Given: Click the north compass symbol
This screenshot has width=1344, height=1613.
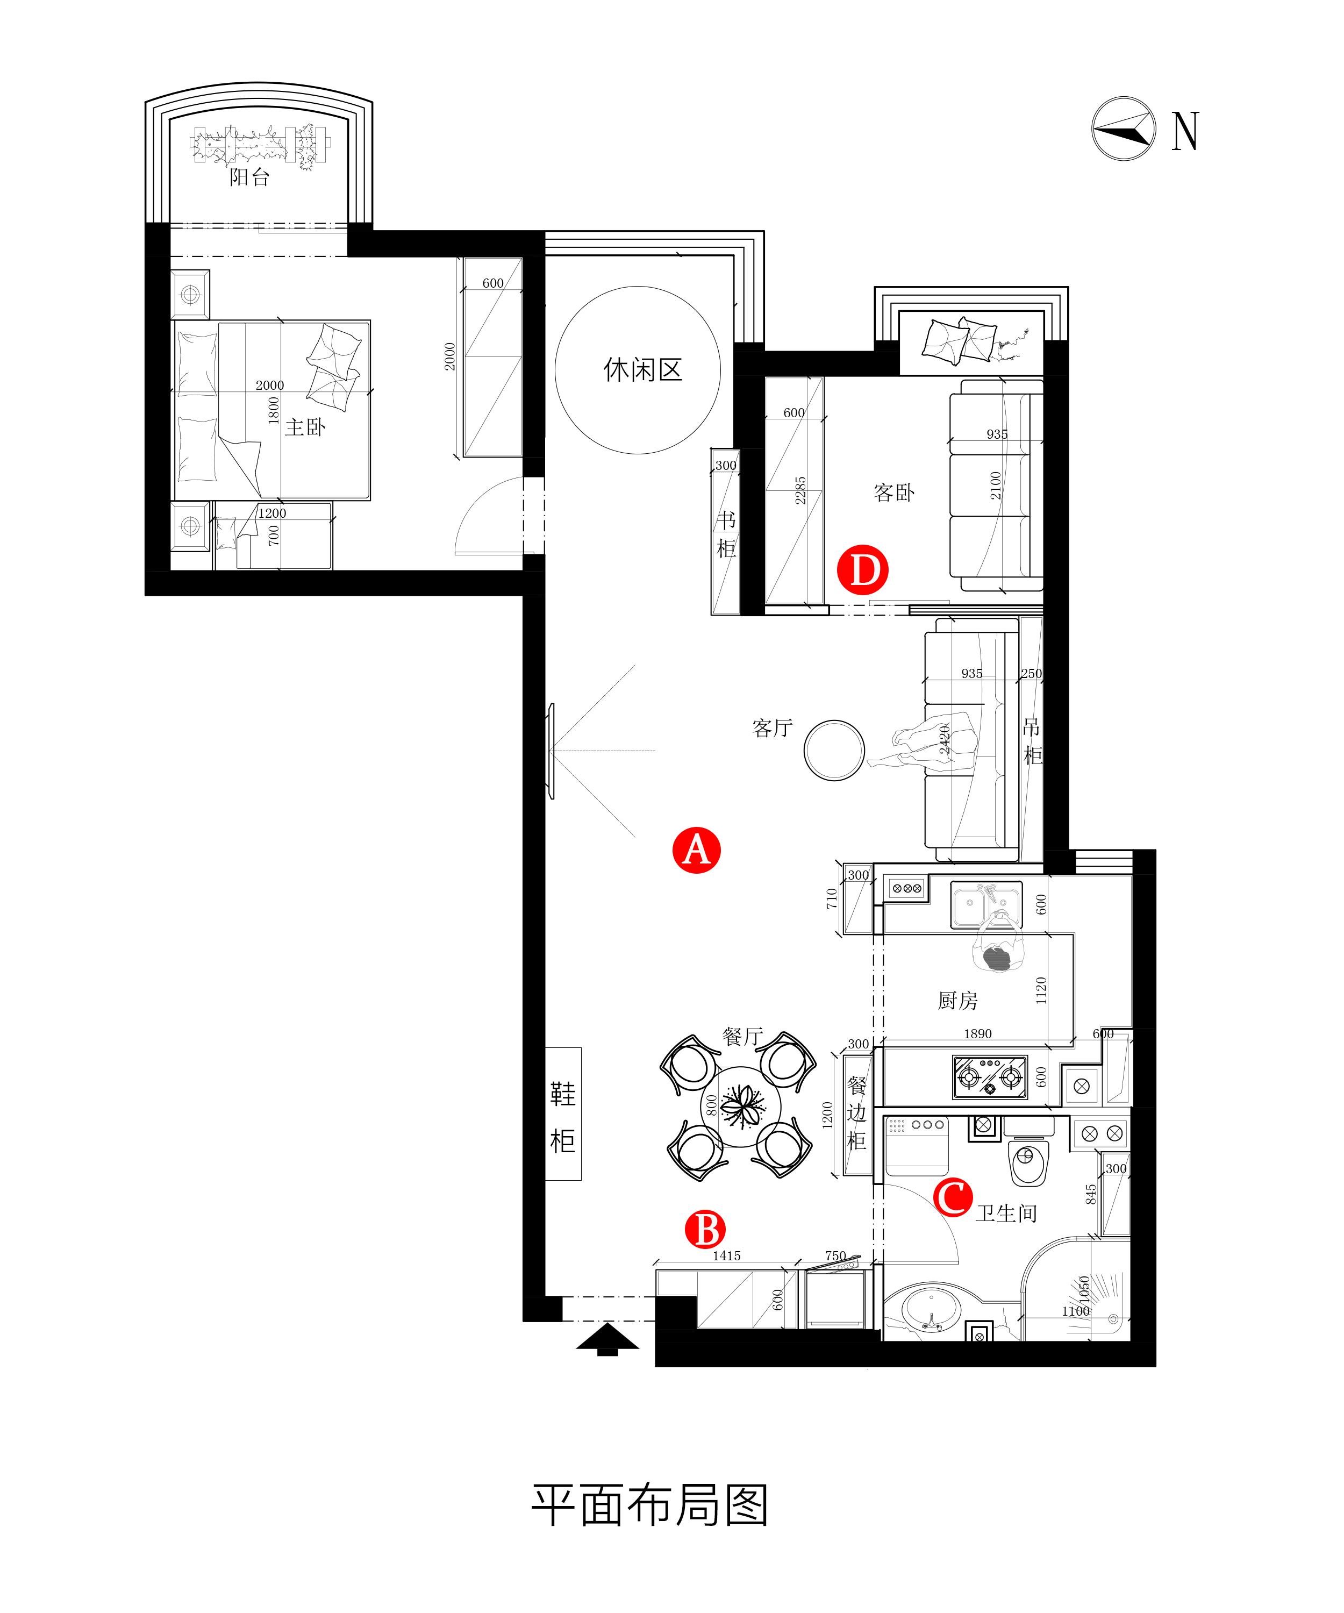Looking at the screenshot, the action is (1124, 129).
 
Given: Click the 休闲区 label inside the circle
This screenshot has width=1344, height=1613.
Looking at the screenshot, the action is (643, 370).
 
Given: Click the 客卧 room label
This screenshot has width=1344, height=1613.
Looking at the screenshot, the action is (894, 493).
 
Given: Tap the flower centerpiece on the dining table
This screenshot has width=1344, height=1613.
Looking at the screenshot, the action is (742, 1108).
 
